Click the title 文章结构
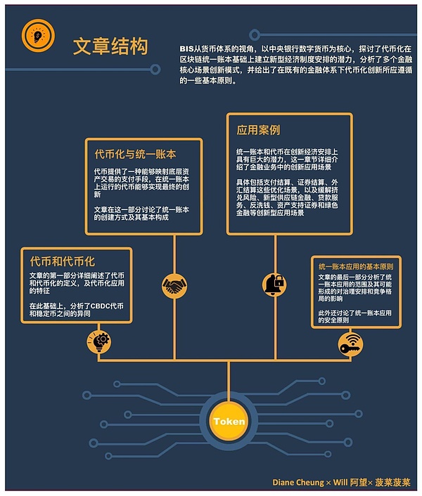(110, 46)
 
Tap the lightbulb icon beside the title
(38, 35)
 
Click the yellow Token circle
(229, 421)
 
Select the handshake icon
(174, 286)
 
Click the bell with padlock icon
(274, 285)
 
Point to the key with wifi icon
(350, 344)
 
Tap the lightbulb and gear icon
(98, 341)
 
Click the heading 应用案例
(258, 130)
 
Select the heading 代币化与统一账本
(135, 154)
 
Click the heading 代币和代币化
(63, 261)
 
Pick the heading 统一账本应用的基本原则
(356, 267)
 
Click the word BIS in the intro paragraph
(186, 49)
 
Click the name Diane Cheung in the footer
(298, 483)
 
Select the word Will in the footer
(340, 483)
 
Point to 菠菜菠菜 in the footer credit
(392, 483)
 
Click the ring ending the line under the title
(155, 70)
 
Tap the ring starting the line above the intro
(255, 34)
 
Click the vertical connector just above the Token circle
(229, 381)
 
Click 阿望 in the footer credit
(359, 483)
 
